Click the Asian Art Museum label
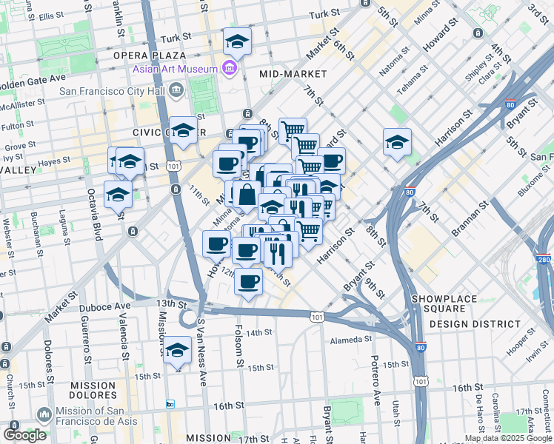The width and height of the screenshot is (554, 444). tap(175, 70)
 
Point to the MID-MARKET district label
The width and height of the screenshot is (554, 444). tap(293, 74)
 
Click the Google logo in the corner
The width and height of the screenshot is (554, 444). tap(25, 435)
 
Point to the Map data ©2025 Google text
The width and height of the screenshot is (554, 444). tap(508, 438)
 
